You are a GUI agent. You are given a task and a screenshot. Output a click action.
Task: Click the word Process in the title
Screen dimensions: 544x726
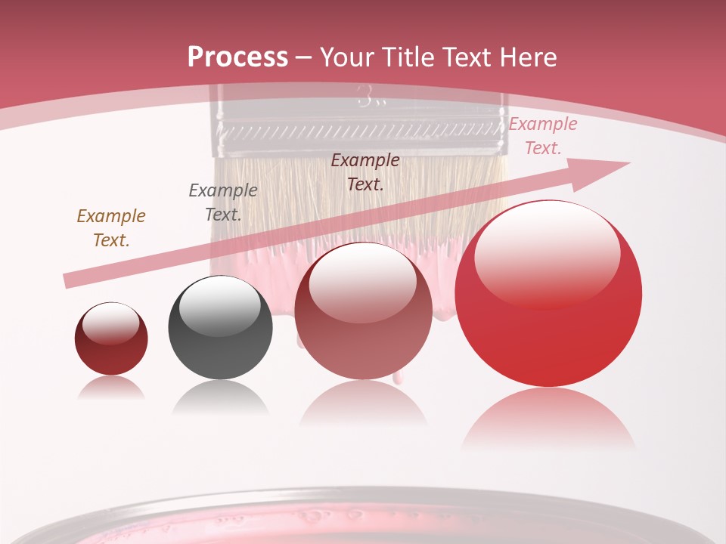point(237,57)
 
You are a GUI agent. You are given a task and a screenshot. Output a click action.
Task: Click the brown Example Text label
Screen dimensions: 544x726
point(110,227)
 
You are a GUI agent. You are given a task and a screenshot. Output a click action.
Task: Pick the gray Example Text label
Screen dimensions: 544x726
point(222,202)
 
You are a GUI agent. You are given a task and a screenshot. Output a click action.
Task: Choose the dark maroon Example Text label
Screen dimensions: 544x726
point(365,172)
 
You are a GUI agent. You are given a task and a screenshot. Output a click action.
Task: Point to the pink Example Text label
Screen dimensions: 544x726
point(543,136)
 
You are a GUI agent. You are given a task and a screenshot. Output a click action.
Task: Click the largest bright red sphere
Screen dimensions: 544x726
point(548,317)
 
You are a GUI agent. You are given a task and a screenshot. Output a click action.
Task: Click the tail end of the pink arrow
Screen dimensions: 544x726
point(70,280)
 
